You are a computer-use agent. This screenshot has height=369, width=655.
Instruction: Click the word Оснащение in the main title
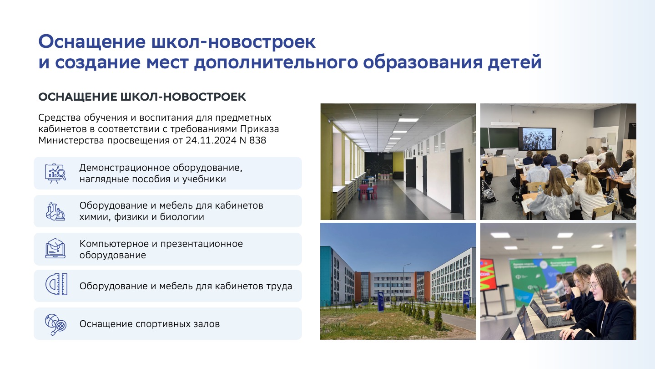click(x=92, y=42)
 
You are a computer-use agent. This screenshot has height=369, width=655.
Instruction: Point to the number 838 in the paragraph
click(x=257, y=140)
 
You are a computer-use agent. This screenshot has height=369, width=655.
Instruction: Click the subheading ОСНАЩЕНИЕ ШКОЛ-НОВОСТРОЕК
click(x=142, y=97)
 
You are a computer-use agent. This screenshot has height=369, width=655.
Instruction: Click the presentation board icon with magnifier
click(x=55, y=174)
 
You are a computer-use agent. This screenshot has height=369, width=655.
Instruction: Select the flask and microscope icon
click(x=55, y=211)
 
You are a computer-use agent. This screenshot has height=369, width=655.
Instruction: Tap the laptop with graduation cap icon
click(x=55, y=249)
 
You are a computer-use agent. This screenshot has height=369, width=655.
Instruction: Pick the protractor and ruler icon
click(x=56, y=284)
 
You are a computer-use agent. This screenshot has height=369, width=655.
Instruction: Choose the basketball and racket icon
click(x=55, y=324)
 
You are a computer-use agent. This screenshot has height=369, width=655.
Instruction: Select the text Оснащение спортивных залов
click(x=149, y=324)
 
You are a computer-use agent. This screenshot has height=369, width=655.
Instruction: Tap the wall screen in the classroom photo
click(x=537, y=139)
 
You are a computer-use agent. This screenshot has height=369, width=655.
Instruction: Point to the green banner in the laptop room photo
click(x=542, y=281)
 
